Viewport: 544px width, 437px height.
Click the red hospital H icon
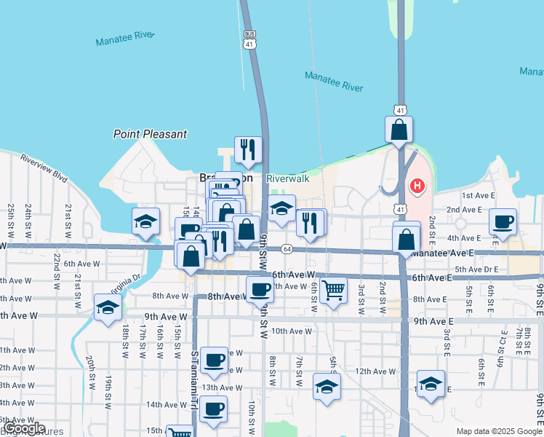(x=417, y=186)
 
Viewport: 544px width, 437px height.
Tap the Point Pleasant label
(x=150, y=134)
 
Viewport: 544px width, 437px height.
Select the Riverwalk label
(x=287, y=178)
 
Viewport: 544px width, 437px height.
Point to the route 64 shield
(x=287, y=249)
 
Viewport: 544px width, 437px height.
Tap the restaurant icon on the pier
(x=248, y=149)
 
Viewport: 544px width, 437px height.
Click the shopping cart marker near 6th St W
(x=333, y=289)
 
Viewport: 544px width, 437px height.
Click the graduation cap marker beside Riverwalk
(x=281, y=208)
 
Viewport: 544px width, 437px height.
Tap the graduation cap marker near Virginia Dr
(x=108, y=307)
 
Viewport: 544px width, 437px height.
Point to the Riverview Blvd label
(x=44, y=167)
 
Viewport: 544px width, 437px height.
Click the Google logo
(x=24, y=428)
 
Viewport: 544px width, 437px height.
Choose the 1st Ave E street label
(x=478, y=195)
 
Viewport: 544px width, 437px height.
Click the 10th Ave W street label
(x=291, y=331)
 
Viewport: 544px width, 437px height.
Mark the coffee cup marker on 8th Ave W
(x=260, y=290)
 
